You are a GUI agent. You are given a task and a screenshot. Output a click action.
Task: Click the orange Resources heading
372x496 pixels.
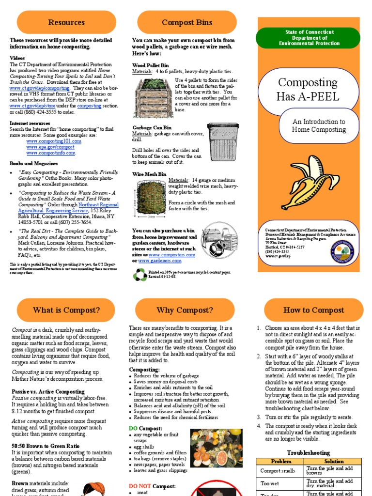pyautogui.click(x=66, y=22)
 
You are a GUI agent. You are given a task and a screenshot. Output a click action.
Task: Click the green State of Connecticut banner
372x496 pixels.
pyautogui.click(x=309, y=38)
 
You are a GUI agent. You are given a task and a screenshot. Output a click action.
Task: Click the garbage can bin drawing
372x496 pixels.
pyautogui.click(x=223, y=141)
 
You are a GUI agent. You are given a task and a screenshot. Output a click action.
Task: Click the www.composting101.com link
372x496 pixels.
pyautogui.click(x=54, y=141)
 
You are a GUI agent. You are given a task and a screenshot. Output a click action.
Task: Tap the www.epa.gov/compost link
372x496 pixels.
pyautogui.click(x=50, y=147)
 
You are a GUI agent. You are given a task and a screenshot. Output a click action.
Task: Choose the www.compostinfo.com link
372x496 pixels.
pyautogui.click(x=51, y=153)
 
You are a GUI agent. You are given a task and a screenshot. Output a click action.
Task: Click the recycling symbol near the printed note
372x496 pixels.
pyautogui.click(x=140, y=275)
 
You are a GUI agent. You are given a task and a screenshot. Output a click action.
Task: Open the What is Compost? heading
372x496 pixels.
pyautogui.click(x=66, y=310)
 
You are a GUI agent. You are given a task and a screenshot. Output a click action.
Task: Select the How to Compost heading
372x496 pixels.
pyautogui.click(x=313, y=310)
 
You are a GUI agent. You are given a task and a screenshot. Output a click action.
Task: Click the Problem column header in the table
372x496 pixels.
pyautogui.click(x=281, y=462)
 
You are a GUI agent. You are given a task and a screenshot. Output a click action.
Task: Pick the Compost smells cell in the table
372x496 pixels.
pyautogui.click(x=278, y=470)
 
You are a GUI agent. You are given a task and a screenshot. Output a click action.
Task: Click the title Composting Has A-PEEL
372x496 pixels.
pyautogui.click(x=308, y=89)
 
